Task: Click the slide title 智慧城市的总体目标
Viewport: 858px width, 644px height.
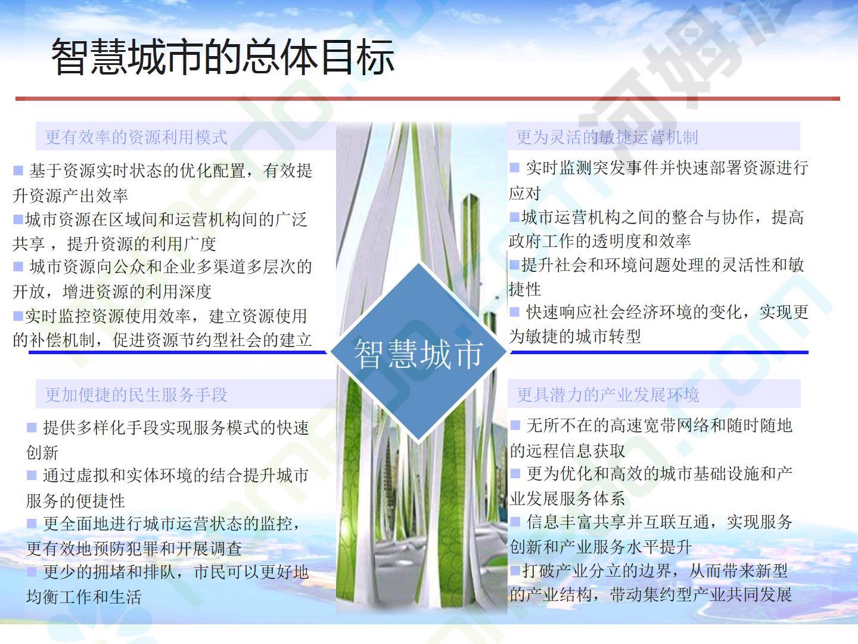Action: coord(223,57)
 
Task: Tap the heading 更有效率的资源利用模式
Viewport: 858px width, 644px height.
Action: coord(136,137)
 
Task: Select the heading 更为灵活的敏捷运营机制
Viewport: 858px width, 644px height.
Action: coord(607,137)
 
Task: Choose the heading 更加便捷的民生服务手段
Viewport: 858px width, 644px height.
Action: coord(136,395)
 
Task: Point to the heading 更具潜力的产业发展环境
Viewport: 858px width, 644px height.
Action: coord(608,395)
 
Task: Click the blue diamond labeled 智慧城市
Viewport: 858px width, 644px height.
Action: coord(418,352)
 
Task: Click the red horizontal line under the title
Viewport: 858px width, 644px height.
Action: coord(428,98)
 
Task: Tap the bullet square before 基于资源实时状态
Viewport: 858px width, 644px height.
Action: coord(18,170)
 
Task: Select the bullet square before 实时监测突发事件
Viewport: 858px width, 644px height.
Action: coord(514,168)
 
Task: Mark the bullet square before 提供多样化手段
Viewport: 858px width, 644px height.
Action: coord(31,428)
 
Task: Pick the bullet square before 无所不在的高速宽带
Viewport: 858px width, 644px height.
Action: coord(515,425)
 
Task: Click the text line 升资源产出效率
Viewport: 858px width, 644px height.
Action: coord(70,195)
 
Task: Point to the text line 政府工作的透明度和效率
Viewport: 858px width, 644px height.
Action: coord(600,241)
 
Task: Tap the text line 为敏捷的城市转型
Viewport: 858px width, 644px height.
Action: coord(575,336)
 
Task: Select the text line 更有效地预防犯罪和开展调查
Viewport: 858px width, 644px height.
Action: coord(134,549)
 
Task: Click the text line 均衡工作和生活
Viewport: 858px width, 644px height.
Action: coord(83,597)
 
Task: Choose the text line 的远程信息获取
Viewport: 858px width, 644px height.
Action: coord(568,450)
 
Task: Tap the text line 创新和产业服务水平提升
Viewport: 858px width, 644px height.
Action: coord(601,547)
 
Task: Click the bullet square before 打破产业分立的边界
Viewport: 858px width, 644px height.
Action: coord(515,570)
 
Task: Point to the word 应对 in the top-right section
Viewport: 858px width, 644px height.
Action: coord(525,193)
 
